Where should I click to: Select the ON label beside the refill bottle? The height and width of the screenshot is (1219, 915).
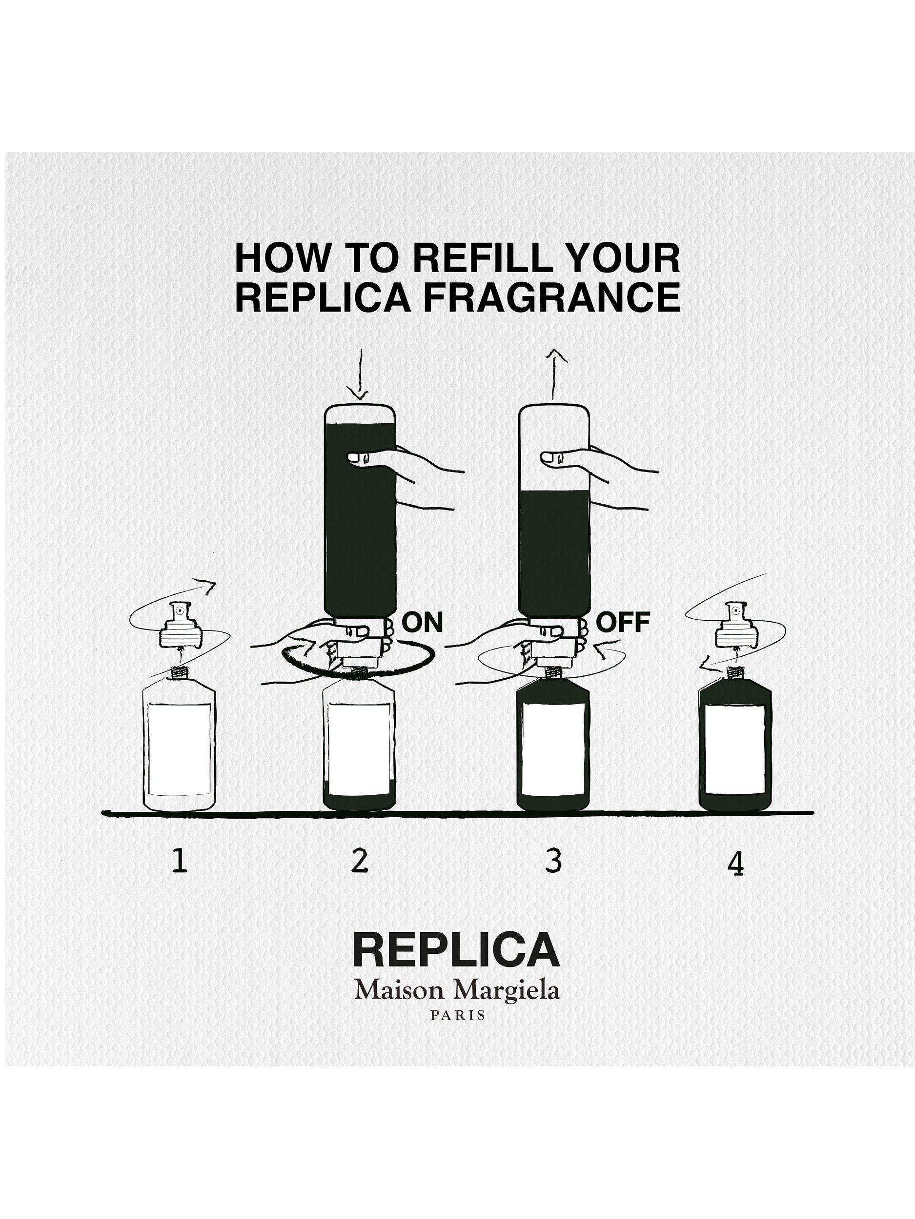click(x=423, y=622)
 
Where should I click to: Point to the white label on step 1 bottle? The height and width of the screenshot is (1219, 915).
click(x=179, y=748)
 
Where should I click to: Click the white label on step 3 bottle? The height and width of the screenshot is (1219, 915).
click(x=552, y=748)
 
